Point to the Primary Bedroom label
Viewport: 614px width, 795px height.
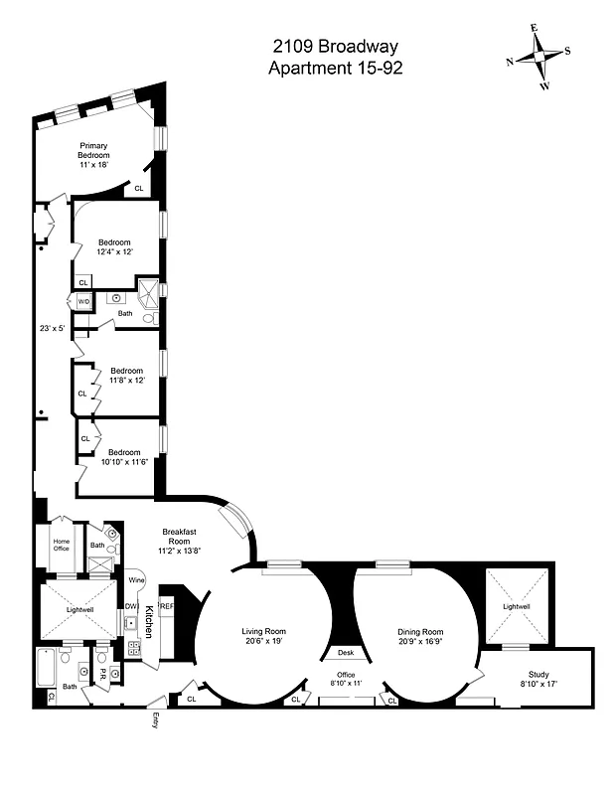tap(93, 151)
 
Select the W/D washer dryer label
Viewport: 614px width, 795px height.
tap(83, 301)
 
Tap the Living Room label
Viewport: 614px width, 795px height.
tap(264, 631)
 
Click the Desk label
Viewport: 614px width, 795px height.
tap(346, 653)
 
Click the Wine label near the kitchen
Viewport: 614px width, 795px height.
tap(136, 579)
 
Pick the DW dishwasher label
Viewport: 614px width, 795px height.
tap(130, 607)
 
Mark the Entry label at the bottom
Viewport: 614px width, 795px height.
tap(154, 721)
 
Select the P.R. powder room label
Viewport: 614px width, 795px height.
tap(102, 673)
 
